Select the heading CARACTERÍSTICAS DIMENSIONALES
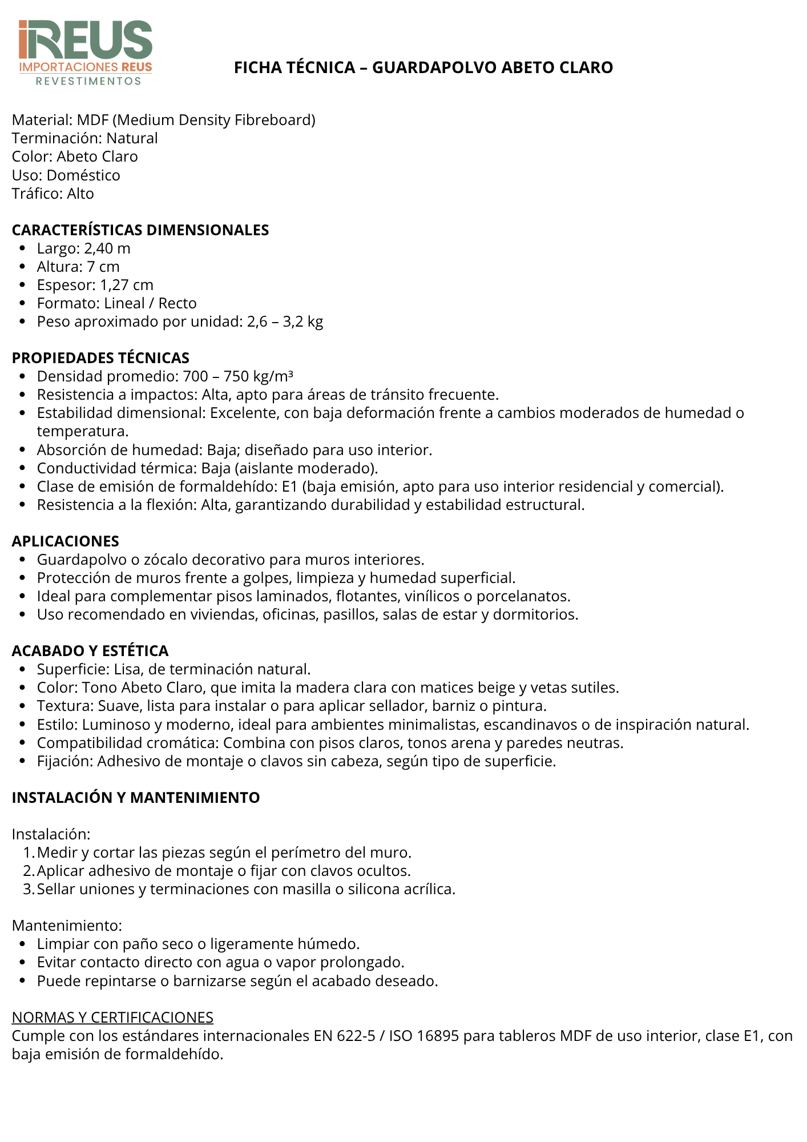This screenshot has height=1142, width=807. click(x=140, y=230)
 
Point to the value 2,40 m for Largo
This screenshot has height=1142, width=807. click(x=107, y=248)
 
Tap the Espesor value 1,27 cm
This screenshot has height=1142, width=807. click(x=127, y=285)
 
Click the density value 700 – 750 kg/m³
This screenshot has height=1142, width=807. click(x=238, y=376)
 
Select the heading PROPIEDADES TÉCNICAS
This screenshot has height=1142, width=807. click(x=100, y=358)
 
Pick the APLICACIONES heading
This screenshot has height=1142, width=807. click(x=66, y=541)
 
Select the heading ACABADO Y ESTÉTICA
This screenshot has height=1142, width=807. click(x=90, y=651)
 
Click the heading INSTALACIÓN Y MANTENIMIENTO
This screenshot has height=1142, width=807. click(x=136, y=798)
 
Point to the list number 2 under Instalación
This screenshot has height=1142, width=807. click(x=29, y=871)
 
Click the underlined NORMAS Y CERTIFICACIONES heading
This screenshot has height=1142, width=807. click(x=112, y=1018)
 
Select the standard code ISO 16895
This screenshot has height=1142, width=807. click(x=424, y=1036)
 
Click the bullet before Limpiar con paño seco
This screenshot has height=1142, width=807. click(x=22, y=944)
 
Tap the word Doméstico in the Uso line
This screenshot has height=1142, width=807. click(x=83, y=175)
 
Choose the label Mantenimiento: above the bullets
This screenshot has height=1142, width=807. click(x=67, y=926)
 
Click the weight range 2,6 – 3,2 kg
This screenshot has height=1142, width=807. click(x=285, y=321)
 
